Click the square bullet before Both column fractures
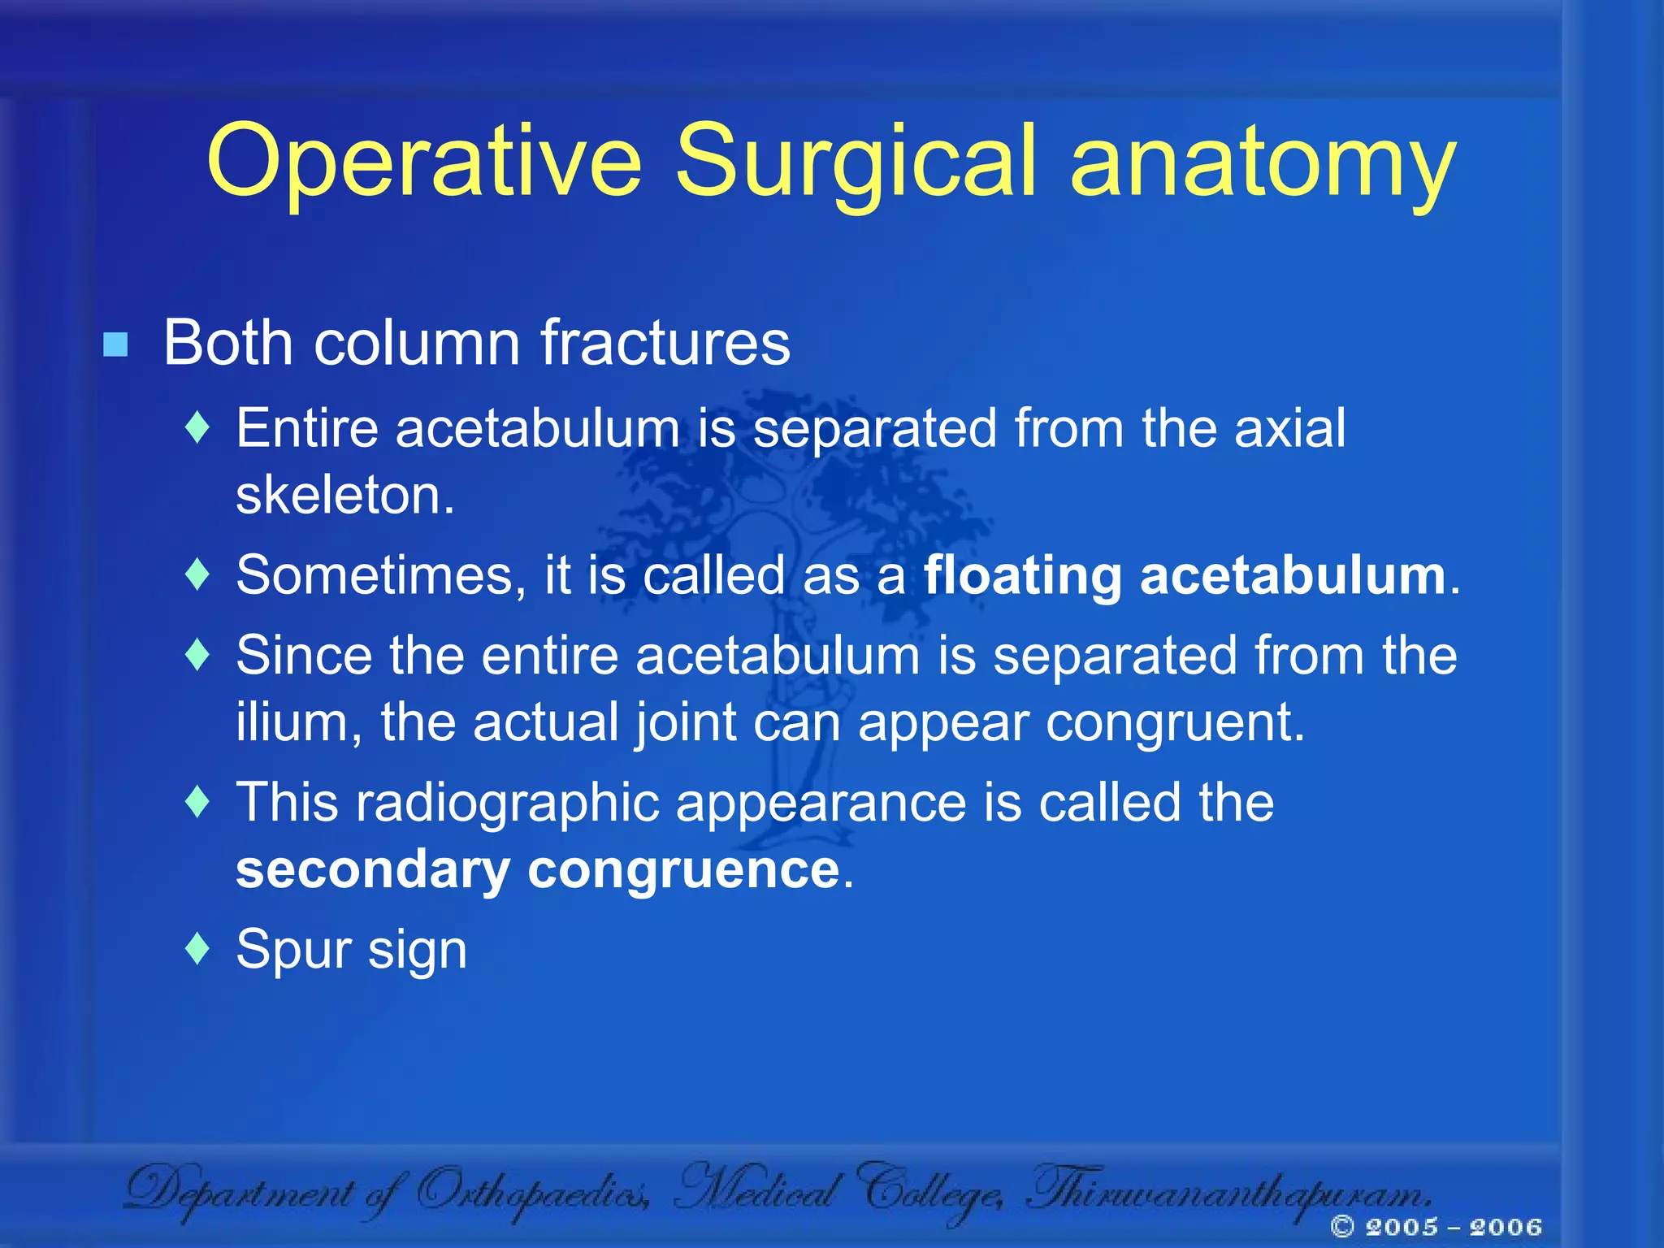tap(115, 344)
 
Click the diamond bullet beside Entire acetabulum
tap(197, 427)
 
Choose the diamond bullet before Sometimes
tap(197, 574)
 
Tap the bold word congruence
tap(683, 869)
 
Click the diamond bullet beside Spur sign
tap(197, 948)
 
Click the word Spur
tap(293, 951)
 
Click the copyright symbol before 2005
tap(1343, 1226)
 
